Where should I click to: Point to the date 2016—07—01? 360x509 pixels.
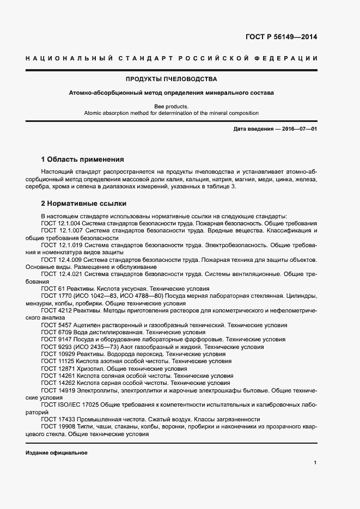point(298,128)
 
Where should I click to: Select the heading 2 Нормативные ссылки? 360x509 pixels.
point(84,204)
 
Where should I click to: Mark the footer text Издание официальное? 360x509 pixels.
point(56,453)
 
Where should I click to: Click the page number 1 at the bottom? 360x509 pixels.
point(315,462)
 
